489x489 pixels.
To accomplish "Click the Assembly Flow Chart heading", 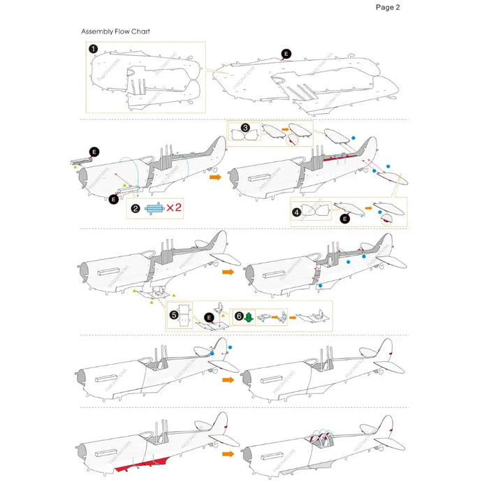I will [x=115, y=31].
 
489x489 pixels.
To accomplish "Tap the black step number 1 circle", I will [x=93, y=48].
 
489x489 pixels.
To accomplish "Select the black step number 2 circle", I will [x=136, y=208].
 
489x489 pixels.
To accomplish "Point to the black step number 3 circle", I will [x=245, y=128].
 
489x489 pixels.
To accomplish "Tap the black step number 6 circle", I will [x=240, y=316].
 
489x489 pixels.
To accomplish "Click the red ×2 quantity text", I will [x=174, y=208].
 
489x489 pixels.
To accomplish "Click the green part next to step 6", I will [x=251, y=316].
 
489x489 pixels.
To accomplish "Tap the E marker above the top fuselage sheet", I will [x=285, y=54].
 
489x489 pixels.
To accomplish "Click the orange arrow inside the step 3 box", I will [x=284, y=130].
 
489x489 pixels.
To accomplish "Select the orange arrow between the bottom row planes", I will [x=228, y=453].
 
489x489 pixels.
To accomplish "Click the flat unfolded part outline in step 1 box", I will [x=143, y=77].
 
